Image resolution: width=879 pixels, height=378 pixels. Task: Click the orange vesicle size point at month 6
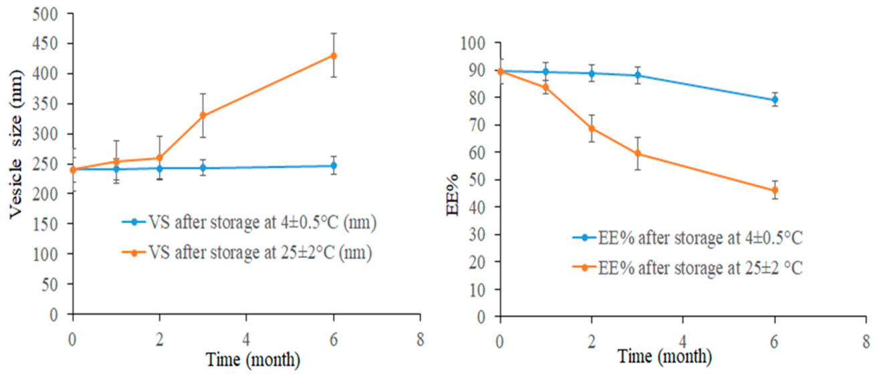pos(334,55)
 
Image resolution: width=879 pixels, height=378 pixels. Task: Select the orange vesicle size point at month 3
pos(203,116)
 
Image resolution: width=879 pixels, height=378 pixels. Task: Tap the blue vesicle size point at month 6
pos(334,166)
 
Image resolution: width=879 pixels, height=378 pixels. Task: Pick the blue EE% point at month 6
pos(775,100)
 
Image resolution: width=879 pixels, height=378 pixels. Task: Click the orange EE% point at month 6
pos(775,190)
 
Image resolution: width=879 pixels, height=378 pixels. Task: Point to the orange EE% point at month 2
pos(592,129)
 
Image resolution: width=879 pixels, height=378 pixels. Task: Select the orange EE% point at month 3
pos(638,154)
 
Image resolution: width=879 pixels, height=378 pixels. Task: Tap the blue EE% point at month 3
pos(638,75)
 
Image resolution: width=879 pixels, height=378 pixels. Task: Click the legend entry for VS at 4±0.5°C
pos(249,222)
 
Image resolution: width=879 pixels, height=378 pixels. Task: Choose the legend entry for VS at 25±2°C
pos(247,252)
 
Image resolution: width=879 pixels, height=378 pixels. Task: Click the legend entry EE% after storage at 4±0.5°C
pos(688,238)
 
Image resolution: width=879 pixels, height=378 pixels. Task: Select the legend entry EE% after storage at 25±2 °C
pos(688,268)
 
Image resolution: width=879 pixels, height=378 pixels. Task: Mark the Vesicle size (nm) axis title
pos(16,144)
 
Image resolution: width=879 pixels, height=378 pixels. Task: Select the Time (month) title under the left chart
pos(253,359)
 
